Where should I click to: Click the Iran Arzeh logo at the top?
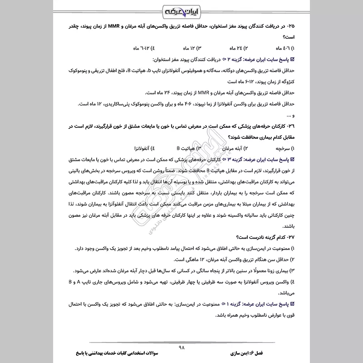pyautogui.click(x=181, y=10)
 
